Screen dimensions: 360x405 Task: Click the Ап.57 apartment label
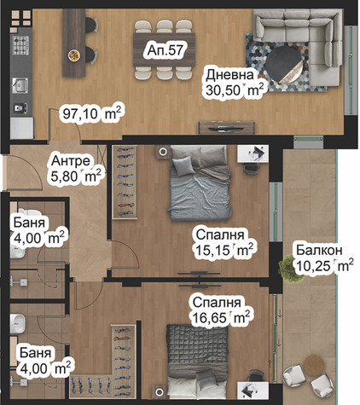point(165,50)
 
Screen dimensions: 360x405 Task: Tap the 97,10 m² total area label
point(92,114)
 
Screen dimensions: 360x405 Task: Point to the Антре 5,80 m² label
point(76,169)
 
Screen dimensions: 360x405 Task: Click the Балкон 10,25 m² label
point(324,258)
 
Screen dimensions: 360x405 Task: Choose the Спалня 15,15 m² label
point(224,242)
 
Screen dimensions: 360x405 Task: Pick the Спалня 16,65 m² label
point(221,310)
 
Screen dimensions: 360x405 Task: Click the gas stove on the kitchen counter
point(20,45)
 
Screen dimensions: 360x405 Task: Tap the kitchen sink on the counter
point(20,85)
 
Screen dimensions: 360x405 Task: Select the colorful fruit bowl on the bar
point(74,55)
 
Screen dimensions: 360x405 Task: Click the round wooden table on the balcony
point(314,363)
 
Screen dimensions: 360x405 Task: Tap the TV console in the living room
point(227,128)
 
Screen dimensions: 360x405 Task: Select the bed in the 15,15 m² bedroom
point(200,183)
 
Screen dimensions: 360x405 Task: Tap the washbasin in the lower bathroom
point(17,324)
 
